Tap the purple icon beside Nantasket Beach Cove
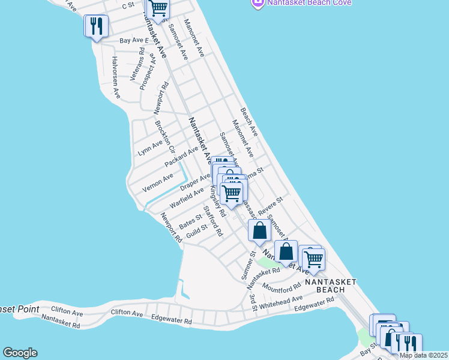(257, 3)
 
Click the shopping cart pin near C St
(158, 9)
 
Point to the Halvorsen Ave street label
(116, 78)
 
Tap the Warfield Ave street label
(187, 197)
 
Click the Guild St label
(196, 230)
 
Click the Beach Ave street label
(249, 121)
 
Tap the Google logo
(20, 353)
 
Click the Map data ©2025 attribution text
(423, 355)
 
